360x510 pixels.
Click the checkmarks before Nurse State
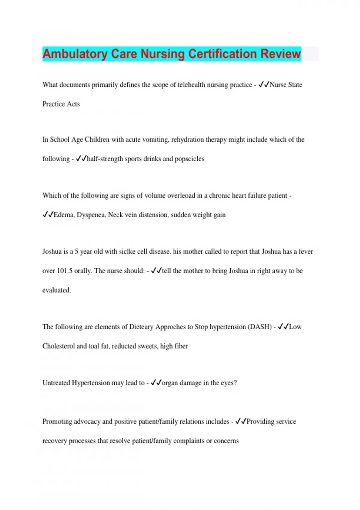[x=264, y=85]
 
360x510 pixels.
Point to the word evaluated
[x=57, y=290]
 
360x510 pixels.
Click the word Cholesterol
[x=58, y=346]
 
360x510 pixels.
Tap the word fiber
[x=181, y=346]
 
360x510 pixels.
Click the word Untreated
[x=56, y=383]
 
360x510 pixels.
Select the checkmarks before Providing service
[x=241, y=421]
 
